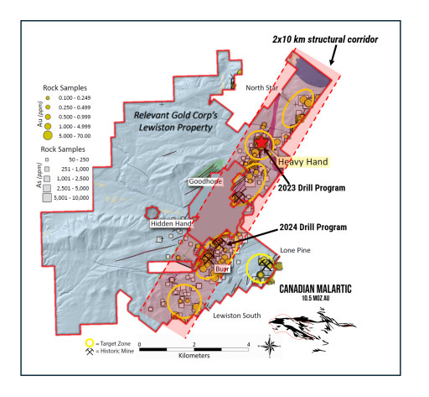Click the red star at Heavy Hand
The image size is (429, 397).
[x=263, y=144]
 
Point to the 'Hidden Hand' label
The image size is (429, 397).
[x=172, y=224]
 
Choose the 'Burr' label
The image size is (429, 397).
[x=222, y=269]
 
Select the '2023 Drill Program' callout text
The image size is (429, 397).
[x=312, y=188]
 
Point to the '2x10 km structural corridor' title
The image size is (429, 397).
[x=326, y=39]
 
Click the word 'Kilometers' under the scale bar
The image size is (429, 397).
[x=194, y=356]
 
